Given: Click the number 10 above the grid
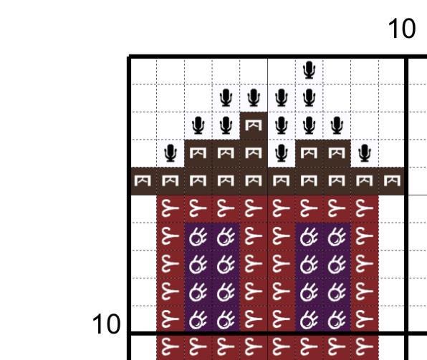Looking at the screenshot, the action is tap(402, 29).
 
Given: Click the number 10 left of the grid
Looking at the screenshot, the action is tap(106, 324).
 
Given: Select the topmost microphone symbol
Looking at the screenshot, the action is tap(309, 70).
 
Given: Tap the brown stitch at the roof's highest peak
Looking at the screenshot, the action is tap(254, 125).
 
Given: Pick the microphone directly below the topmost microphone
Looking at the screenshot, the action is tap(309, 97).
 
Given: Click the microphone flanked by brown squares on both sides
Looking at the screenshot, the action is tap(282, 153).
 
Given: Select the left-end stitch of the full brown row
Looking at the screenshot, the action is tap(143, 181).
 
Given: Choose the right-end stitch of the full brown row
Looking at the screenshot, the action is tap(392, 181).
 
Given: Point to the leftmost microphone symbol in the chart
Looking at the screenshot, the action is tap(171, 153).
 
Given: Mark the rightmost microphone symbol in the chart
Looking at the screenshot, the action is tap(365, 153).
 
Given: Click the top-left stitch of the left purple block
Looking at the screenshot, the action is tap(198, 236).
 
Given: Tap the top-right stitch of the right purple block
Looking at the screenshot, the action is tap(337, 236).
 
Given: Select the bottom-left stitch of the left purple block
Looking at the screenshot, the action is tap(198, 320).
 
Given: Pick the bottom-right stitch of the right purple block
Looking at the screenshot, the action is tap(337, 320).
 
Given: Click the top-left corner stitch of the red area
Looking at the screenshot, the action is tap(171, 209).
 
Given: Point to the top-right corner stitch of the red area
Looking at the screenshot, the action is tap(365, 209).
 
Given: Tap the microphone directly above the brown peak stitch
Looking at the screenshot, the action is tap(254, 97).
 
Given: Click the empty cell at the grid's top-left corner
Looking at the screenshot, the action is tap(143, 71).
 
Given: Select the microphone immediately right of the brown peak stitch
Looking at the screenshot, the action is tap(282, 125).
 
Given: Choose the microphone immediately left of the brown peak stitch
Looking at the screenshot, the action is tap(226, 125).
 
